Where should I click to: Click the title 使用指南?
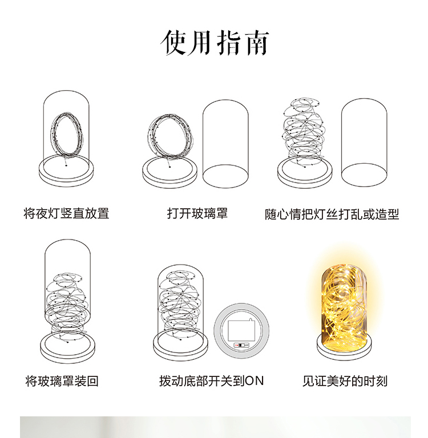click(214, 42)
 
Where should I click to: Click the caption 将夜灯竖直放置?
click(66, 214)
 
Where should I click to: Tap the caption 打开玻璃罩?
click(197, 213)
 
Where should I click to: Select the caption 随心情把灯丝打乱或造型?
click(332, 214)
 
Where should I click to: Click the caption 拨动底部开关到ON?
click(211, 381)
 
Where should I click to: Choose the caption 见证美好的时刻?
click(345, 381)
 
